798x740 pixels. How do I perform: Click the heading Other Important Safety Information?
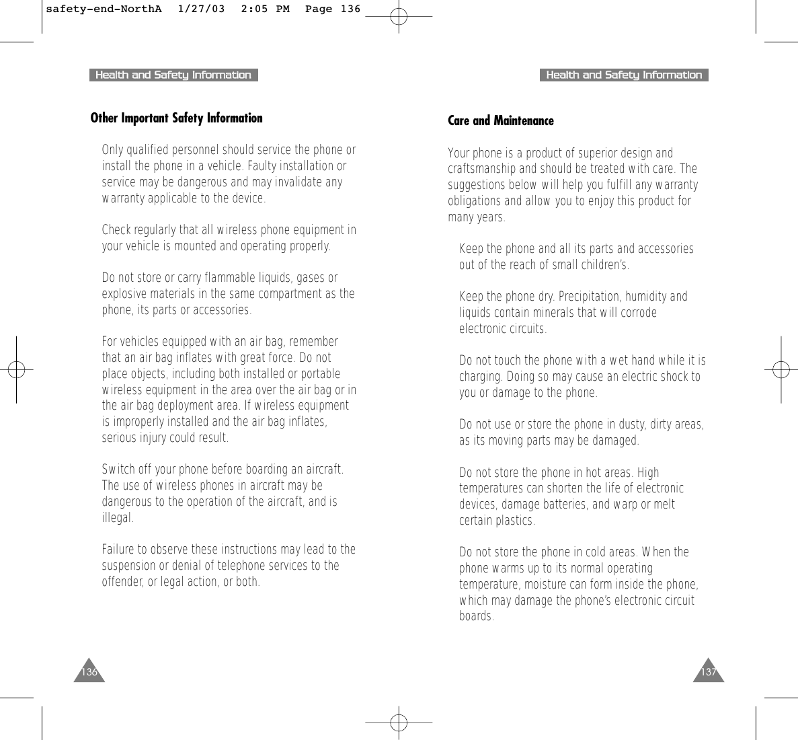click(176, 118)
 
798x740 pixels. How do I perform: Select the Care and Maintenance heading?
click(501, 121)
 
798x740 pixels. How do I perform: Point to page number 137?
click(709, 672)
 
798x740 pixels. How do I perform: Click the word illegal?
click(117, 519)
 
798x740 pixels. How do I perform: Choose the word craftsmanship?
click(482, 169)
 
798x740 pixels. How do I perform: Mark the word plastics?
click(516, 521)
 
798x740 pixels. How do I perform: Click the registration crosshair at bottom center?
click(399, 722)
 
